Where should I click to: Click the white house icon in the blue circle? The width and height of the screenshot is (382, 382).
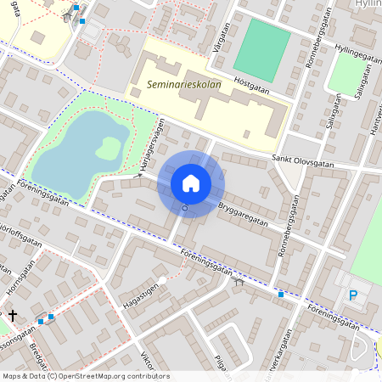[x=190, y=183]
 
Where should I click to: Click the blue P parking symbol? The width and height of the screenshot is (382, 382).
[x=353, y=295]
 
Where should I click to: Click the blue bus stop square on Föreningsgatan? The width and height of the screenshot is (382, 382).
[x=281, y=294]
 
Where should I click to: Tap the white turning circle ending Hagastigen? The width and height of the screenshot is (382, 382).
[x=161, y=280]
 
